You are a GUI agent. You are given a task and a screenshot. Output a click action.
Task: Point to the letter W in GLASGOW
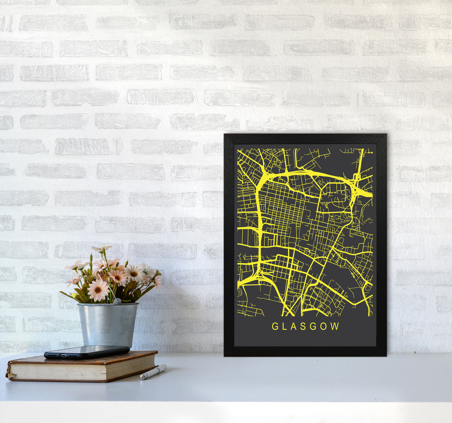click(335, 326)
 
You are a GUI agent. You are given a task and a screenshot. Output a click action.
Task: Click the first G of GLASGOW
click(275, 326)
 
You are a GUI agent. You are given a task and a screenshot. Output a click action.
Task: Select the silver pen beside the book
click(153, 372)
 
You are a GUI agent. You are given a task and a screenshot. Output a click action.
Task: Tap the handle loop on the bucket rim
click(117, 301)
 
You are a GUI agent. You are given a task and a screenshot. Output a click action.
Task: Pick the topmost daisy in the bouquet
click(101, 249)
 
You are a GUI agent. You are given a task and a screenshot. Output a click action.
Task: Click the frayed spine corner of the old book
click(8, 373)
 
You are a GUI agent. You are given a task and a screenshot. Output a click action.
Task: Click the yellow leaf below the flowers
click(74, 295)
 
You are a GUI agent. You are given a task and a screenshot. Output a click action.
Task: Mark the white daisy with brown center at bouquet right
click(135, 273)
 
